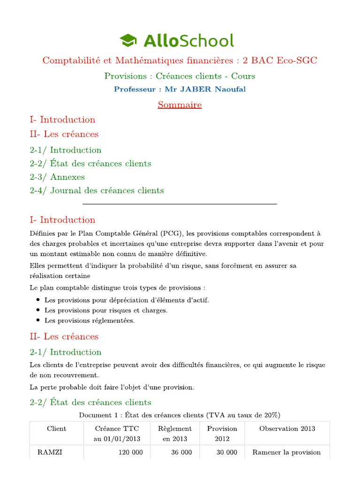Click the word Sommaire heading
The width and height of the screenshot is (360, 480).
pos(180,105)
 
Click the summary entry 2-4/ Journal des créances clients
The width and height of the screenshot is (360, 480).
pos(97,190)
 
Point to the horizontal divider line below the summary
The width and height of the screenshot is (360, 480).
pos(180,204)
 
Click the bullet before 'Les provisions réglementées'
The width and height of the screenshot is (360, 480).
pos(38,321)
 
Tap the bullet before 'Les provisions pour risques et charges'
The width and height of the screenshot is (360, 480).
pos(38,310)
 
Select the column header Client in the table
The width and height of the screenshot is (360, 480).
pos(57,428)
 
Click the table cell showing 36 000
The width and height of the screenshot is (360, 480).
pos(180,452)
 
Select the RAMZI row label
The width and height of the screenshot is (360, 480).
pos(50,452)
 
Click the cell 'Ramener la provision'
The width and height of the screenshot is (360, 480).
pos(286,452)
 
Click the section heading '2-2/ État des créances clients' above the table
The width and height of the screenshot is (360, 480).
pos(90,402)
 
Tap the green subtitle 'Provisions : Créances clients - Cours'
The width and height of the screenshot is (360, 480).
pos(180,76)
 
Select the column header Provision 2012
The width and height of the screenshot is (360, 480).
pos(222,434)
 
